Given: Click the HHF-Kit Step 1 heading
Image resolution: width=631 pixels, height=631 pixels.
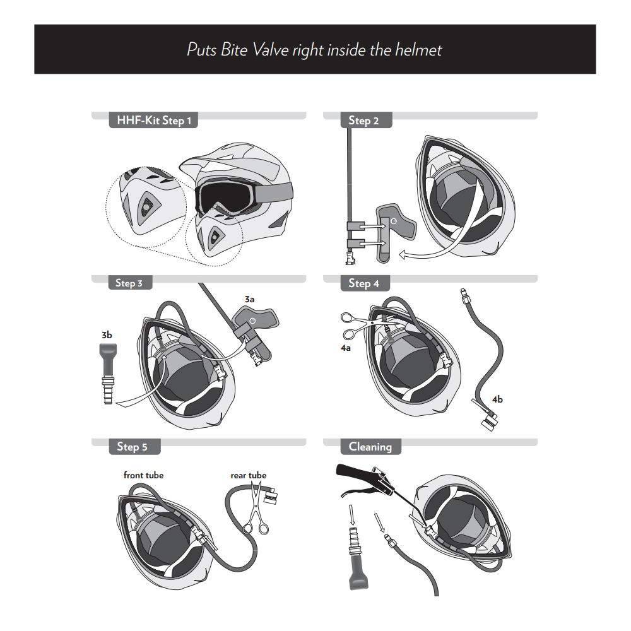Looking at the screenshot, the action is pyautogui.click(x=154, y=121).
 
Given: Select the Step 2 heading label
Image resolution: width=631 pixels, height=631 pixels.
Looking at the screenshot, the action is pyautogui.click(x=364, y=121).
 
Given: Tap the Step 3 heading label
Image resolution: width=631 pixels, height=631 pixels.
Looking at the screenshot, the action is pyautogui.click(x=129, y=283).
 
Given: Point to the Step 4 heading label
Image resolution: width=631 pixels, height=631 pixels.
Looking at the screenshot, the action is pyautogui.click(x=364, y=283).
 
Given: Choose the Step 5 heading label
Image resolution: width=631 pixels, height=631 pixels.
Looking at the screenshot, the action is pyautogui.click(x=133, y=447).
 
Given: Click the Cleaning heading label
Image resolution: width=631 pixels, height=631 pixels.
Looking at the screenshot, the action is pyautogui.click(x=370, y=447).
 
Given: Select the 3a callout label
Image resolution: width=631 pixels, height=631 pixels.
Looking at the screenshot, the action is pyautogui.click(x=249, y=299).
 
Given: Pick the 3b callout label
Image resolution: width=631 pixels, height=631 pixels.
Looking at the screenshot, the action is pyautogui.click(x=107, y=335).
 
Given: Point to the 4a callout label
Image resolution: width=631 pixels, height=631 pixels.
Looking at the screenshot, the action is pyautogui.click(x=346, y=348).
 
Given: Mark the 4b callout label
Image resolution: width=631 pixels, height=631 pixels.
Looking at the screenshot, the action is pyautogui.click(x=497, y=399).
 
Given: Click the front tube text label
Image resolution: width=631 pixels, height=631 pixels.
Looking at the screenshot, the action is pyautogui.click(x=143, y=475).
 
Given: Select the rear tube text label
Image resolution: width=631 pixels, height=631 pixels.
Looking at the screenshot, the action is pyautogui.click(x=248, y=475).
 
